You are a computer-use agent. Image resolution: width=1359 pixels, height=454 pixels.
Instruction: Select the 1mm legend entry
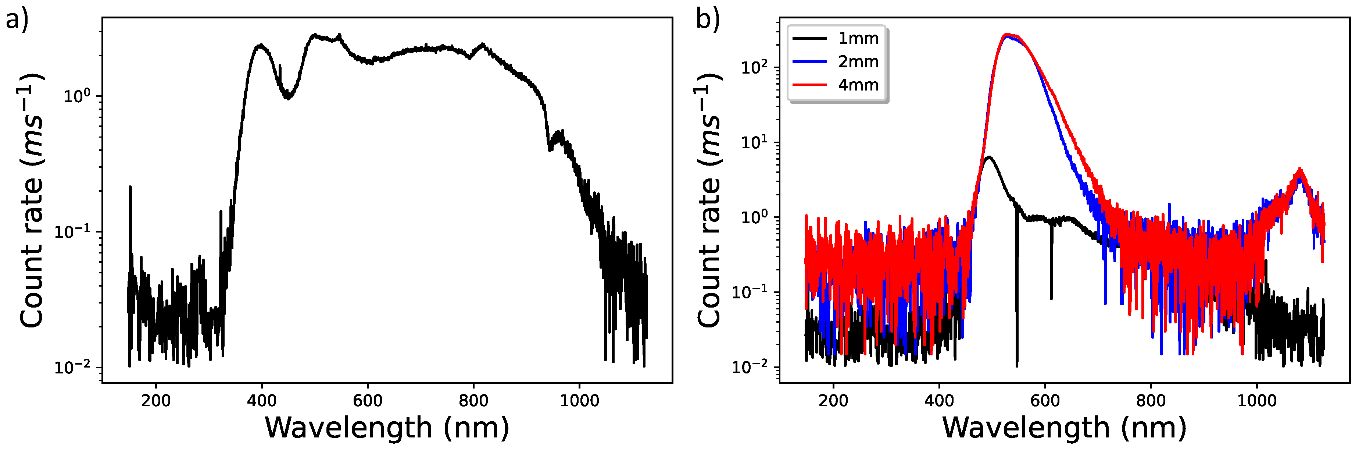point(858,39)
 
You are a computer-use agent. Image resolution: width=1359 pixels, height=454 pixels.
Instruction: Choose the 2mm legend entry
point(858,62)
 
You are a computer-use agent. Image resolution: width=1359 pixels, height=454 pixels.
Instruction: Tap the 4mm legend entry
point(858,85)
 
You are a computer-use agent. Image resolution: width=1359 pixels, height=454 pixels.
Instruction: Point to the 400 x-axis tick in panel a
point(262,401)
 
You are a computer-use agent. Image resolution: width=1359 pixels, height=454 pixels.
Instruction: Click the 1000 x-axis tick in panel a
point(579,401)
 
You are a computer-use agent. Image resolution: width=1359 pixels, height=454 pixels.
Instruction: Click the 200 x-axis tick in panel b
point(834,401)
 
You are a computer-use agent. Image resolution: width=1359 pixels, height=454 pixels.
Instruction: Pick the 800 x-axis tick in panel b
point(1151,401)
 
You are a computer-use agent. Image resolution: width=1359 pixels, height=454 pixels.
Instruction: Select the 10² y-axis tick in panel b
point(754,68)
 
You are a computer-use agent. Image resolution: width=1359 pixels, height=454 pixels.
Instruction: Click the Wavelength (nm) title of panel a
point(387,428)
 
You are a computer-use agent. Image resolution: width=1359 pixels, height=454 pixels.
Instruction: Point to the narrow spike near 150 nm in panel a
point(130,187)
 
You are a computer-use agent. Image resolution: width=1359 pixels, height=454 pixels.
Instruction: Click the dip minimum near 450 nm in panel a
point(287,97)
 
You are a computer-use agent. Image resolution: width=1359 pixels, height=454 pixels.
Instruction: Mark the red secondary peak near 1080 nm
point(1301,170)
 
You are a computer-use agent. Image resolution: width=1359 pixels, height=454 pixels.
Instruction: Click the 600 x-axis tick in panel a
point(368,401)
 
